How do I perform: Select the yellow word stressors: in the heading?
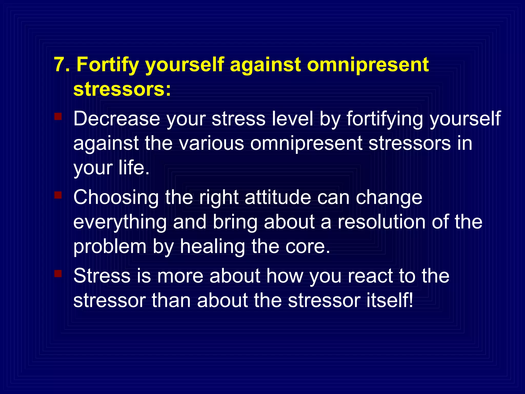click(122, 89)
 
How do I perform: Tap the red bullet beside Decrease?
click(58, 116)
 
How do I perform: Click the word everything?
click(120, 223)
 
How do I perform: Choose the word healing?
click(212, 247)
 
